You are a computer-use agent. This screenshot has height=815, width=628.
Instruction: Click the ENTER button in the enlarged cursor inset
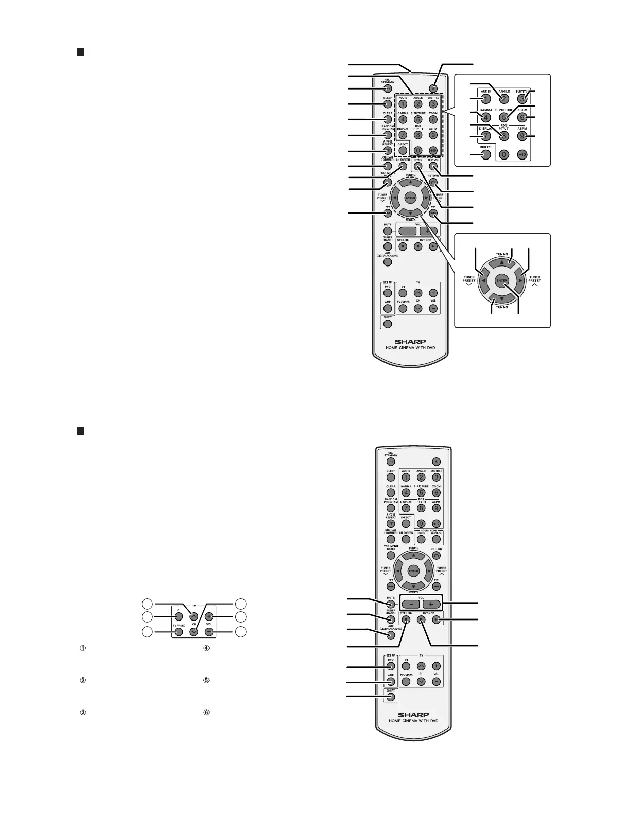point(502,281)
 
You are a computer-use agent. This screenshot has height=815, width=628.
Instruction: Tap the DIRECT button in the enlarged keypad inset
point(485,154)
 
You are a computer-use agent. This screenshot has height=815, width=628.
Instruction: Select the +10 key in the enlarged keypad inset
point(522,154)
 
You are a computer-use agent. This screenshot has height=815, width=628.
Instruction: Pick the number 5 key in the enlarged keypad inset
point(504,117)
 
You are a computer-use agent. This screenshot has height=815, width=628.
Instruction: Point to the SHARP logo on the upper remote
point(410,341)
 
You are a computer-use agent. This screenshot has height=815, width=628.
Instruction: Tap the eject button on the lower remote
point(437,462)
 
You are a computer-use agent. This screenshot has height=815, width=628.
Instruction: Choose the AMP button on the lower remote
point(391,682)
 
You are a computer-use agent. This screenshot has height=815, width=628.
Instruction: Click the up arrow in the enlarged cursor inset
point(502,261)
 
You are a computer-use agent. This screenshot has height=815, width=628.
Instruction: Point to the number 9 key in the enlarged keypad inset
point(523,136)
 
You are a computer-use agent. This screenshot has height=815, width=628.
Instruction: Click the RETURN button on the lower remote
point(437,555)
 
